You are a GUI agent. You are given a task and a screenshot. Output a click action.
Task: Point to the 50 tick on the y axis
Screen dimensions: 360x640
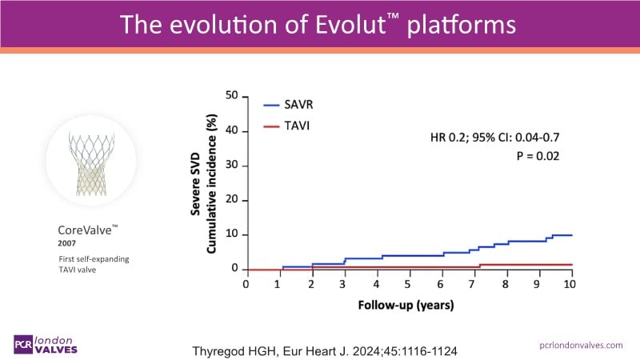(x=234, y=96)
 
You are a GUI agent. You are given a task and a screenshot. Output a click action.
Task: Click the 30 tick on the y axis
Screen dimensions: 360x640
(x=234, y=166)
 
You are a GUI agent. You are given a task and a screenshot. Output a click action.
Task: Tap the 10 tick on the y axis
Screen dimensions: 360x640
(x=234, y=234)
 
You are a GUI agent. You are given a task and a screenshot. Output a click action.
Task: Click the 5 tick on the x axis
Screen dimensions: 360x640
(x=408, y=284)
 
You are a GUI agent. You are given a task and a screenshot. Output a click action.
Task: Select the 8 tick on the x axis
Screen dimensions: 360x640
(x=506, y=284)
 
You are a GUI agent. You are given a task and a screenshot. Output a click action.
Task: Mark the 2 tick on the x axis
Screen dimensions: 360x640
(x=311, y=284)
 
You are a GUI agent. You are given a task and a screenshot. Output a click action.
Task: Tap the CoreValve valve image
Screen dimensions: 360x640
(x=90, y=161)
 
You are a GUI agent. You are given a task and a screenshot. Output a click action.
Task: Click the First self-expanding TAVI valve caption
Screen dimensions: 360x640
(x=86, y=266)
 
